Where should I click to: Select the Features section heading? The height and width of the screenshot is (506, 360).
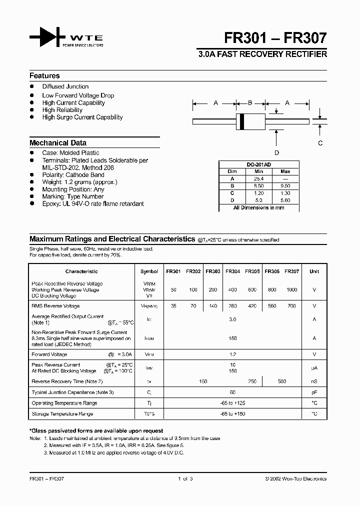tap(44, 76)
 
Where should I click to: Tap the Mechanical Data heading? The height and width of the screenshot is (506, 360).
tap(58, 143)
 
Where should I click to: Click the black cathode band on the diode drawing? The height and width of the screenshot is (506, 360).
tap(242, 121)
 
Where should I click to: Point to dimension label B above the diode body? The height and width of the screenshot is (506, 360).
tap(250, 103)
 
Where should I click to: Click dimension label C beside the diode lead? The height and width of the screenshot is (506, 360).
tap(320, 143)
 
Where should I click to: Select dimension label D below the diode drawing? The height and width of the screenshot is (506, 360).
tap(276, 153)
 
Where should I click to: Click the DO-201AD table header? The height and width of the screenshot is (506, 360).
tap(258, 164)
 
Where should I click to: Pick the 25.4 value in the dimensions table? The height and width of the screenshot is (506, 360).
tap(258, 178)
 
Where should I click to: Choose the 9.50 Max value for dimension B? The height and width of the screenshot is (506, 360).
tap(285, 185)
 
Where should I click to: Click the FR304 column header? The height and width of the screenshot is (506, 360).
tap(232, 271)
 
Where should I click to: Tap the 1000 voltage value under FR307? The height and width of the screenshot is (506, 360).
tap(292, 290)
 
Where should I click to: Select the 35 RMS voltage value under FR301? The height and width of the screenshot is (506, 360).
tap(173, 306)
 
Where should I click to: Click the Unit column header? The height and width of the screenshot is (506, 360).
tap(314, 271)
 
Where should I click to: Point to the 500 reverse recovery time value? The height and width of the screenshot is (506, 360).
tap(282, 381)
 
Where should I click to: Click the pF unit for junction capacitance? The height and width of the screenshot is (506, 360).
tap(314, 392)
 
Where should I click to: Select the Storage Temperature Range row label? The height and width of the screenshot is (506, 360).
tap(62, 414)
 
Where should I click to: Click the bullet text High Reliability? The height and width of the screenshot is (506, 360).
tap(62, 110)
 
